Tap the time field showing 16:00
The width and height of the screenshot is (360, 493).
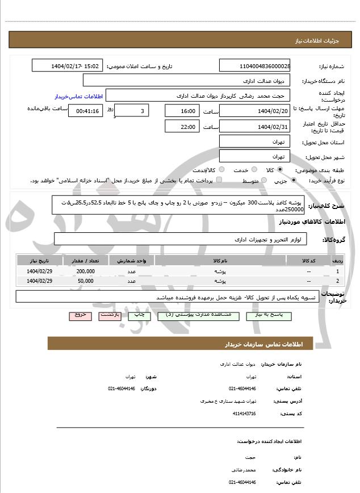[x=182, y=111]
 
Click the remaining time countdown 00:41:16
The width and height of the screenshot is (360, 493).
[x=85, y=111]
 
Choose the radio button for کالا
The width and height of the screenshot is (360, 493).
[x=280, y=170]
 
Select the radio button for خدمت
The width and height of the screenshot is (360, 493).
[x=253, y=170]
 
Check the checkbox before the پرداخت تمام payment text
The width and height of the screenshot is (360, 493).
[x=219, y=181]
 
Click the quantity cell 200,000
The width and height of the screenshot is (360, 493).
[x=85, y=272]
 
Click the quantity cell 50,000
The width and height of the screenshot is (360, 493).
[x=85, y=281]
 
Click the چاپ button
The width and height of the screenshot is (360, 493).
[x=138, y=314]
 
